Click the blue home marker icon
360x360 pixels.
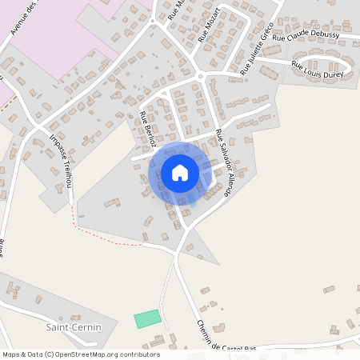point(180,172)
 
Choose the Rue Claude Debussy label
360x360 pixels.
point(306,37)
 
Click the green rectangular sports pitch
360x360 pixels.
point(147,318)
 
